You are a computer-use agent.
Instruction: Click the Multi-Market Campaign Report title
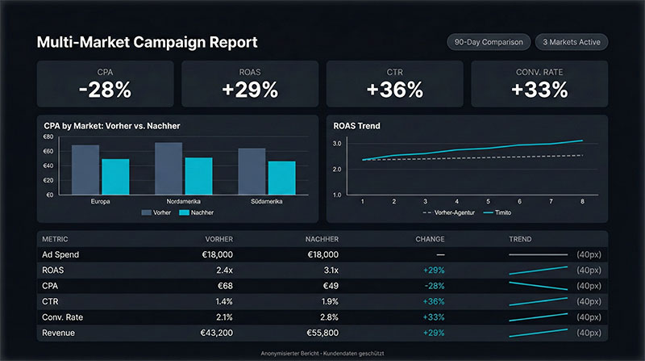click(x=147, y=42)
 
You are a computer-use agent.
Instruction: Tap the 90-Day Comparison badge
click(x=489, y=42)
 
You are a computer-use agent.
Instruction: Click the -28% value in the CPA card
click(x=105, y=90)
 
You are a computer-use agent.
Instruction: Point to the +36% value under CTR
click(x=394, y=90)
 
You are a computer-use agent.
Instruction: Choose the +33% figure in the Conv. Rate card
click(x=539, y=90)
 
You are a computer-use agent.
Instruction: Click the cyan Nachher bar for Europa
click(x=115, y=176)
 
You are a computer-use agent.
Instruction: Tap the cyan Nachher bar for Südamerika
click(x=281, y=178)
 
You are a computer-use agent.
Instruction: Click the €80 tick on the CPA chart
click(x=48, y=136)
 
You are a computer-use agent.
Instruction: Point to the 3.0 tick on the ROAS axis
click(x=337, y=144)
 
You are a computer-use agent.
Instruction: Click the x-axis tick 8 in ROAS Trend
click(x=582, y=201)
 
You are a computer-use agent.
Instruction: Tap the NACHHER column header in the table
click(x=322, y=239)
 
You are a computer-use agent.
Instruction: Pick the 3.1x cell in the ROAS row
click(x=329, y=270)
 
